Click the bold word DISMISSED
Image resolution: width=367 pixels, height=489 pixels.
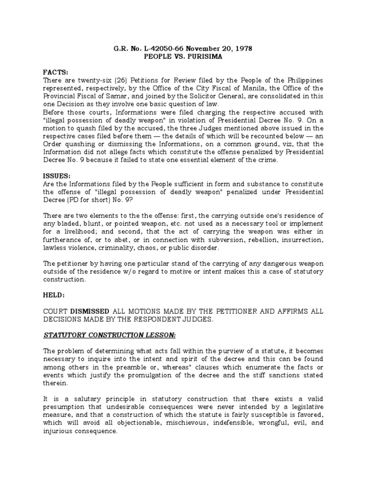tap(90, 311)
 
